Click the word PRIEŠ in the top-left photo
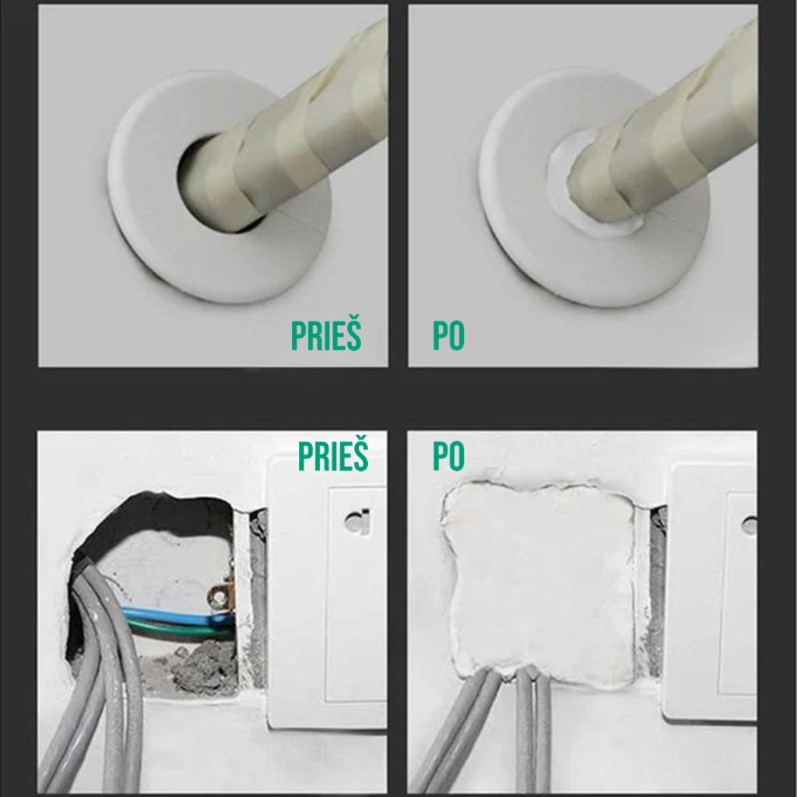pyautogui.click(x=326, y=335)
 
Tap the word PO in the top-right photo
pyautogui.click(x=448, y=335)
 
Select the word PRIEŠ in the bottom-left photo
pyautogui.click(x=333, y=456)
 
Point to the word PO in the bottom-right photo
pyautogui.click(x=448, y=456)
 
